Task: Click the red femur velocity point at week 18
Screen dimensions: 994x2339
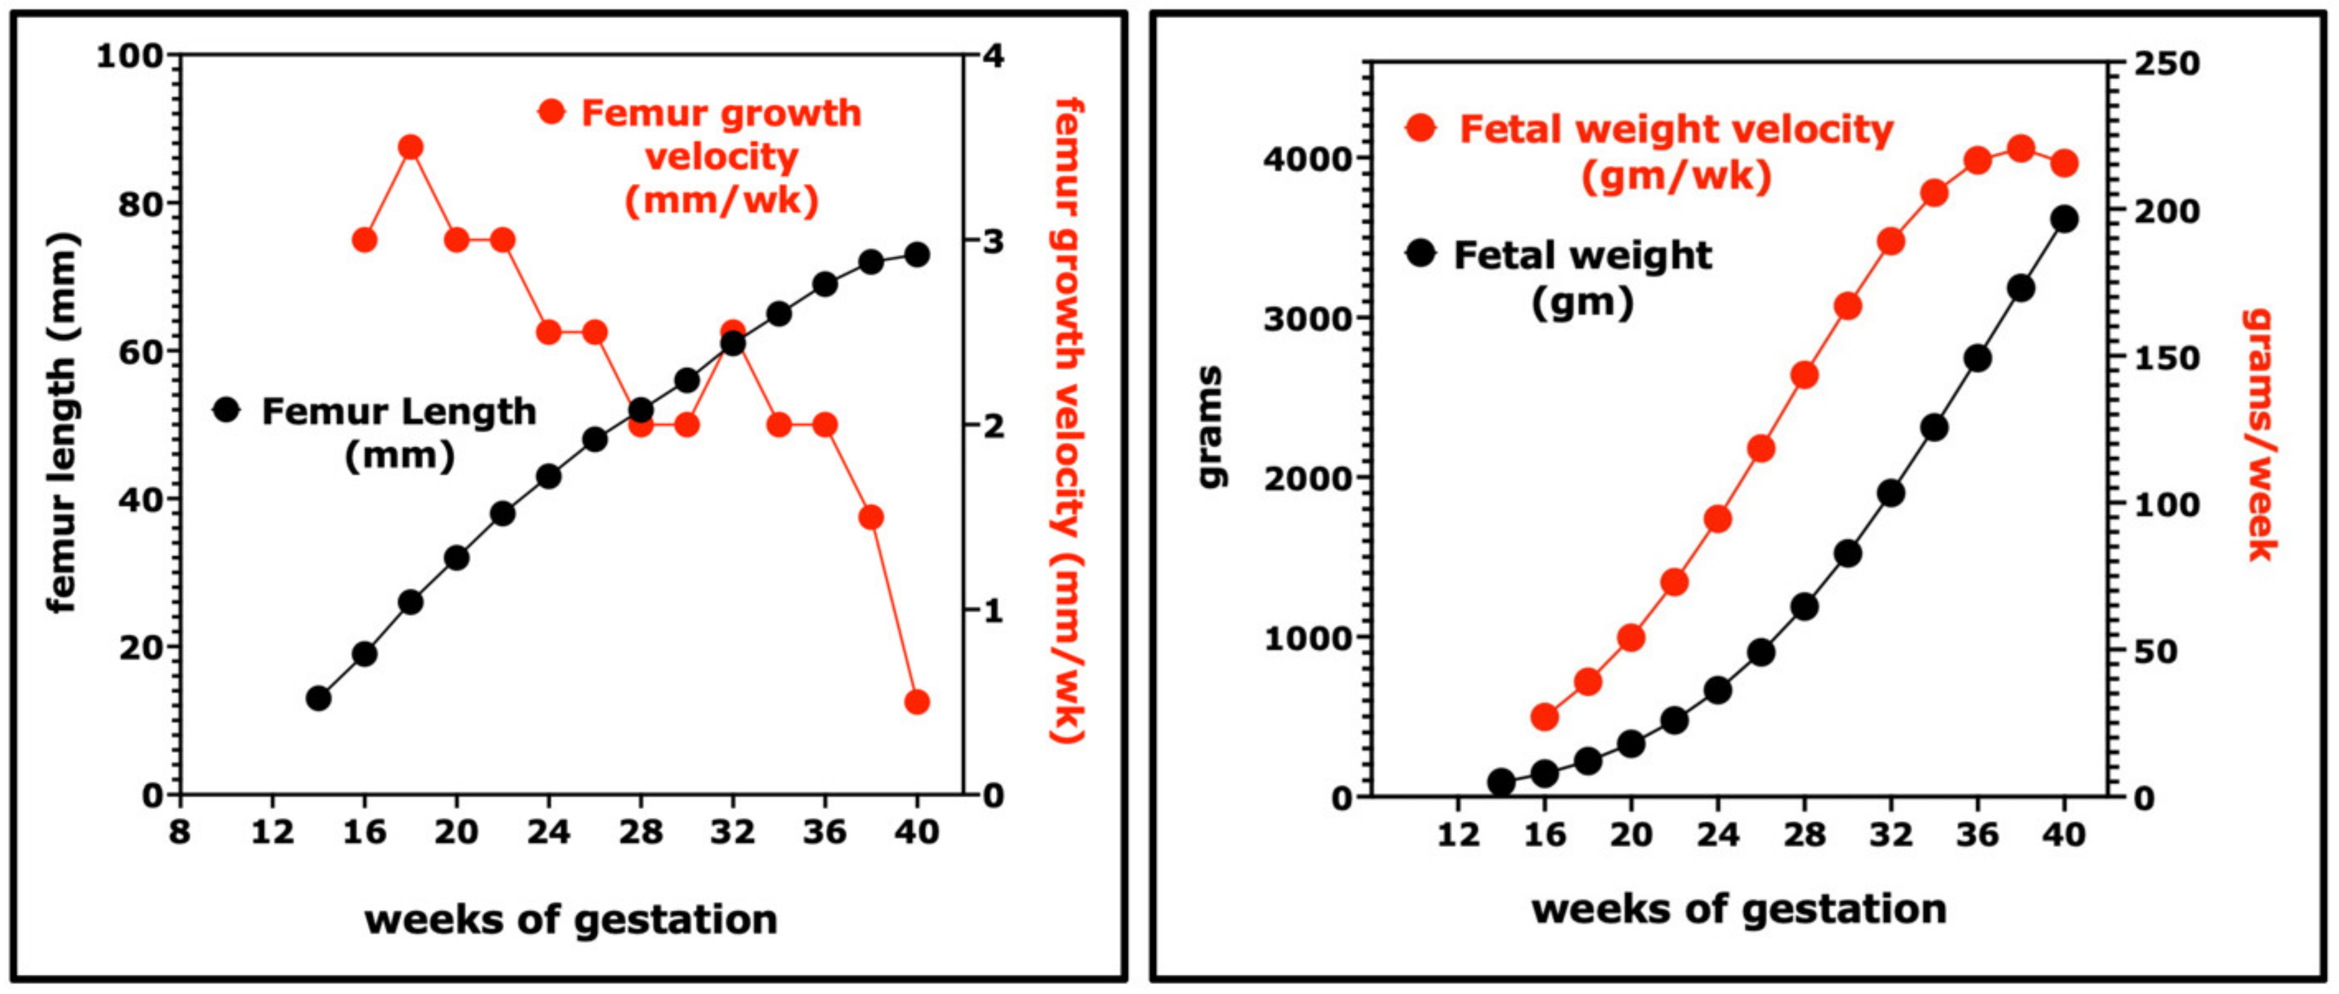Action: pos(410,147)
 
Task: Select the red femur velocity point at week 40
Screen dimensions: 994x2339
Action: pos(917,702)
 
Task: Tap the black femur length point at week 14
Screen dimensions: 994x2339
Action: pos(318,698)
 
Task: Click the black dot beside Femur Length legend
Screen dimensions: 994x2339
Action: pos(226,410)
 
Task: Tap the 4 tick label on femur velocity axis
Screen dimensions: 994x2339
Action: pos(994,56)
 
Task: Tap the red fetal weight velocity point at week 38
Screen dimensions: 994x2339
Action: pos(2020,149)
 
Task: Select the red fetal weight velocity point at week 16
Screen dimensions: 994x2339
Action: pos(1544,716)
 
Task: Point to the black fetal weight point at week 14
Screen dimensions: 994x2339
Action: pos(1501,781)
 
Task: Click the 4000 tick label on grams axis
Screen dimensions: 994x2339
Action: pos(1308,159)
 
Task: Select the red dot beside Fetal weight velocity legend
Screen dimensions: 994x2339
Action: pos(1421,128)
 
